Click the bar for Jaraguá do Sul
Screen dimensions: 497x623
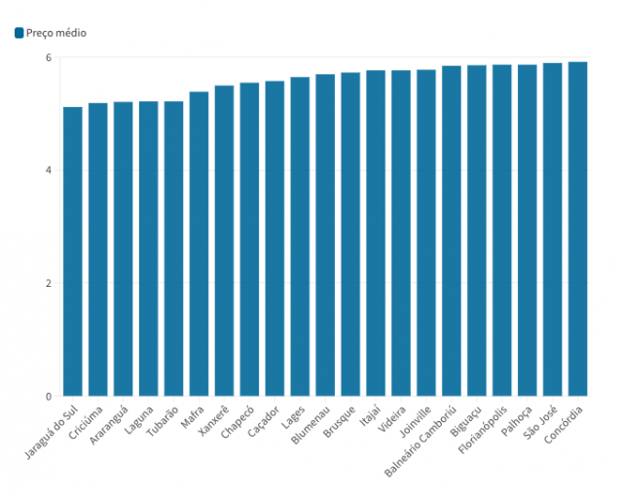click(73, 252)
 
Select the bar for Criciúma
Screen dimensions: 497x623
click(98, 250)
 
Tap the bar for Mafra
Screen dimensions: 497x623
click(199, 244)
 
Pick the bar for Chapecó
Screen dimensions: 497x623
click(249, 240)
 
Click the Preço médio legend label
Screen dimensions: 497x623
click(56, 33)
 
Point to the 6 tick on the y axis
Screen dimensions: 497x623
click(48, 58)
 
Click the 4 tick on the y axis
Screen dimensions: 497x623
click(48, 171)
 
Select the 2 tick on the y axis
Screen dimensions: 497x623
click(48, 284)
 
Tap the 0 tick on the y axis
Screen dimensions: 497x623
click(48, 397)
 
